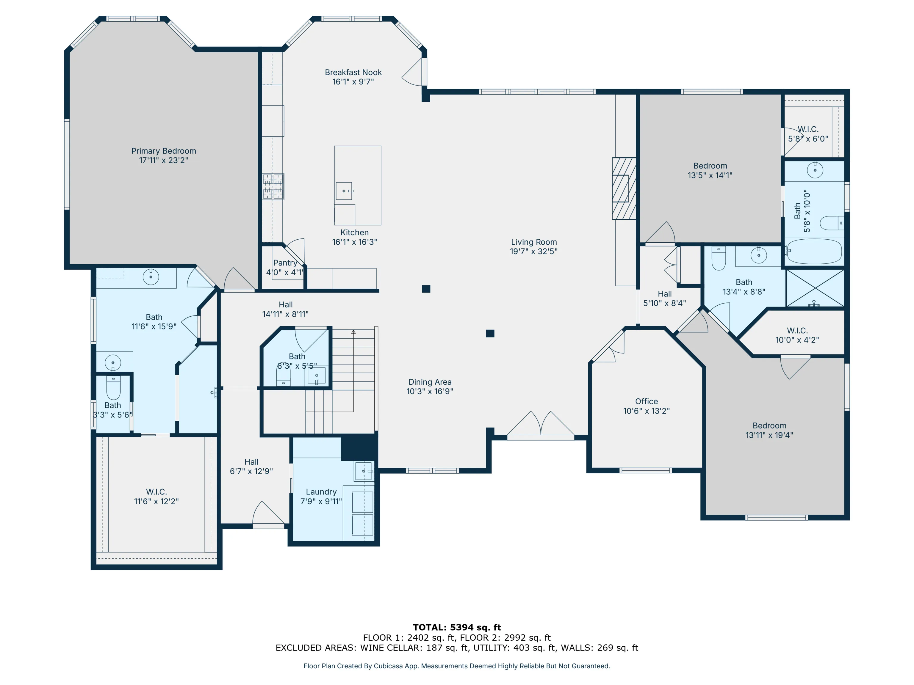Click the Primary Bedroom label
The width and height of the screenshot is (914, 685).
click(x=164, y=151)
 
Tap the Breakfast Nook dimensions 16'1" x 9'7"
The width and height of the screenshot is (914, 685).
click(x=353, y=82)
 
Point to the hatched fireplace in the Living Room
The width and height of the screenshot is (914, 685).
click(x=624, y=188)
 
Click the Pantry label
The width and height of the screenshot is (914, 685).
click(x=285, y=263)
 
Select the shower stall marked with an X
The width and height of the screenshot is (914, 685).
click(x=815, y=288)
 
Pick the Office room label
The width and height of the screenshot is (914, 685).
click(x=647, y=401)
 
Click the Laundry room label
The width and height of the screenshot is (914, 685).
click(x=321, y=492)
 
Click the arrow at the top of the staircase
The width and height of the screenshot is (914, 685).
click(x=353, y=331)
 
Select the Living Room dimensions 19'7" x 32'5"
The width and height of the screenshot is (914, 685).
click(x=534, y=251)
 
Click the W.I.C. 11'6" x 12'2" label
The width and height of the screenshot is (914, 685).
click(x=156, y=496)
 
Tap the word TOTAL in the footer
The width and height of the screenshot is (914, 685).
click(x=430, y=628)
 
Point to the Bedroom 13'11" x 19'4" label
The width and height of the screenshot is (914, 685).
click(x=769, y=430)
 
